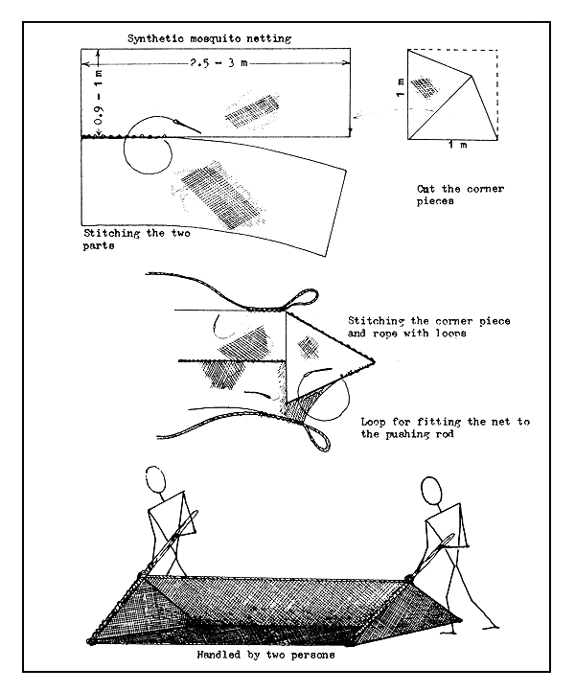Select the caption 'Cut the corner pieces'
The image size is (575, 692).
click(x=459, y=196)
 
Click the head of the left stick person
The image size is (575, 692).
click(x=156, y=477)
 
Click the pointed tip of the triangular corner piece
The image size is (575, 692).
click(x=373, y=361)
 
